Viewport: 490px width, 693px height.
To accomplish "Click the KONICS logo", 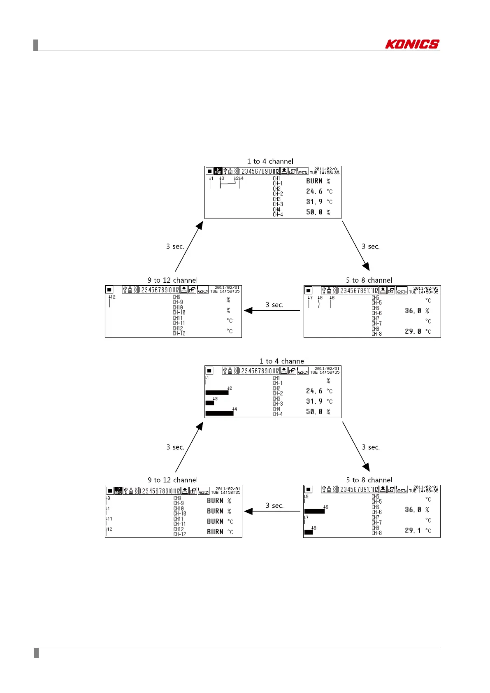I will (x=412, y=44).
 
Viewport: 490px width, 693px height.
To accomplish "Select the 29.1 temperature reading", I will (x=413, y=530).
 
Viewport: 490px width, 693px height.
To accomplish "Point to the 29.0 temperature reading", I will (x=413, y=331).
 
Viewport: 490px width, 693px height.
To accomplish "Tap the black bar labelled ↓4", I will (x=219, y=413).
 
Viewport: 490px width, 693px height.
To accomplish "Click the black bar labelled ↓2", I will (x=217, y=393).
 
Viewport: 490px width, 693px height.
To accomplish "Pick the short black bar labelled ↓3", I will (x=210, y=403).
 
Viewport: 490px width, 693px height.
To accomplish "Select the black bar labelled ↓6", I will (x=314, y=512).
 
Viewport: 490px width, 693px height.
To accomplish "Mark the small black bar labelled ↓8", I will (x=308, y=532).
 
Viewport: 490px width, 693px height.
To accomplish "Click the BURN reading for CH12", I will (x=215, y=532).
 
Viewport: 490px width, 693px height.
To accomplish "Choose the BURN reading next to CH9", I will (x=215, y=501).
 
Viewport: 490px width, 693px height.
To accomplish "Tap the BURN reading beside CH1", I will (x=314, y=181).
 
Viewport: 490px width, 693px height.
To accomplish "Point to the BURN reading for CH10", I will (x=215, y=511).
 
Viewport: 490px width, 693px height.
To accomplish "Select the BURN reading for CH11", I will (x=215, y=521).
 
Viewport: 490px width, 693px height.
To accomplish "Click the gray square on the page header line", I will (x=36, y=45).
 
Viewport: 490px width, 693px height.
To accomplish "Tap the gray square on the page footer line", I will (x=36, y=653).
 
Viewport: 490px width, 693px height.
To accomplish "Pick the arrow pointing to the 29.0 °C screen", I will (x=356, y=246).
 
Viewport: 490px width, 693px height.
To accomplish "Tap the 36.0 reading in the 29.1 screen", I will (x=413, y=510).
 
